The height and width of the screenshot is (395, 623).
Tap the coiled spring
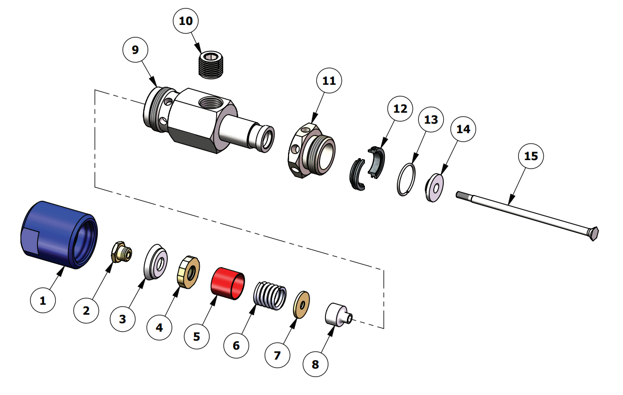271,296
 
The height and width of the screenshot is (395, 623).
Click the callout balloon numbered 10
186,21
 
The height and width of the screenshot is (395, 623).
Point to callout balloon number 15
531,156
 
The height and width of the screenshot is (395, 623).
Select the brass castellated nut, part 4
189,269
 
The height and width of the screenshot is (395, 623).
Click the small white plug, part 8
337,314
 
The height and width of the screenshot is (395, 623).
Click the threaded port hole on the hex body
208,104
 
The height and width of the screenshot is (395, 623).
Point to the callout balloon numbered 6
236,345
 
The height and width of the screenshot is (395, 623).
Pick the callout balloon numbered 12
400,109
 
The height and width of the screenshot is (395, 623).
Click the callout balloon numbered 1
42,301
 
